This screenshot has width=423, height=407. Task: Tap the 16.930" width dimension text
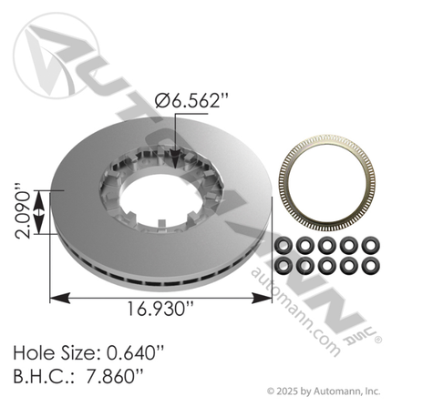(x=160, y=309)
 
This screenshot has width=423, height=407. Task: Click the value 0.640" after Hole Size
(x=136, y=353)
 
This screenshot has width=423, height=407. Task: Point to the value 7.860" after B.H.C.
(x=115, y=377)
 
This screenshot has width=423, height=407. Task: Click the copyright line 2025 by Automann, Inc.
(x=324, y=392)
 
